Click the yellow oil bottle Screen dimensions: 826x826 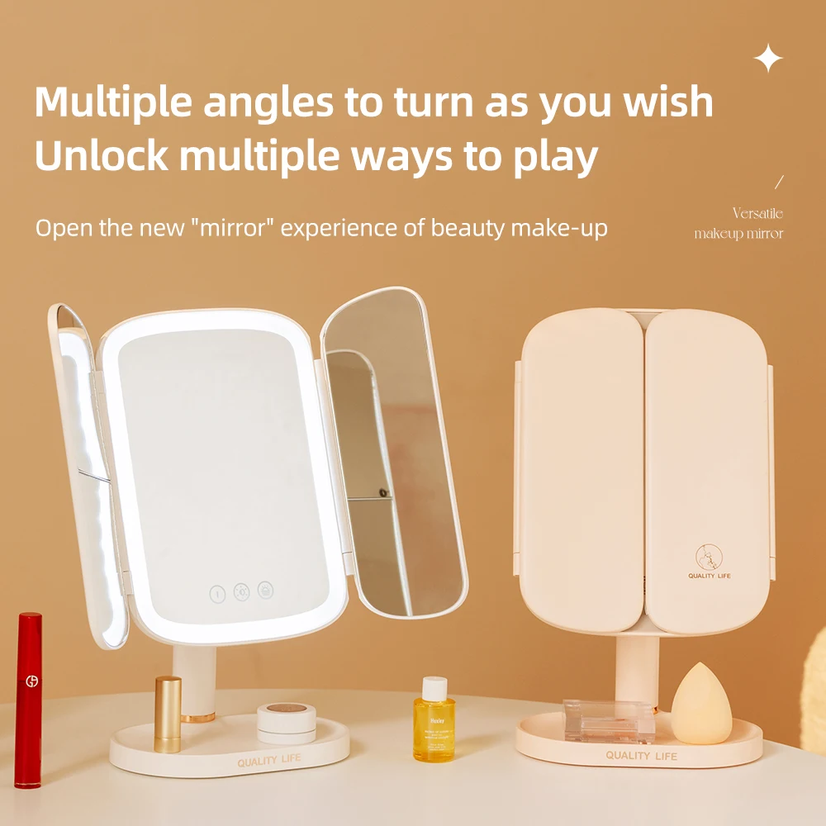[x=434, y=727]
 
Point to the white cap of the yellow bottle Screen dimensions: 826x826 [x=434, y=686]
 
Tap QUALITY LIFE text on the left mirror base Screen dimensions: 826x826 [x=269, y=760]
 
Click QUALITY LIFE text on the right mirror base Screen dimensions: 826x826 [x=641, y=756]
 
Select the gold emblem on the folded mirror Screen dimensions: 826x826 [x=707, y=556]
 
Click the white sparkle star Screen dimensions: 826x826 [x=768, y=59]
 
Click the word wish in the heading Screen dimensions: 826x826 [x=669, y=102]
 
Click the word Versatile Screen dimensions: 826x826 [x=757, y=214]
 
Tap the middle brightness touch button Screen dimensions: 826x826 [x=242, y=591]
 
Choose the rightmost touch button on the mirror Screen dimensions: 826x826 [x=266, y=591]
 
